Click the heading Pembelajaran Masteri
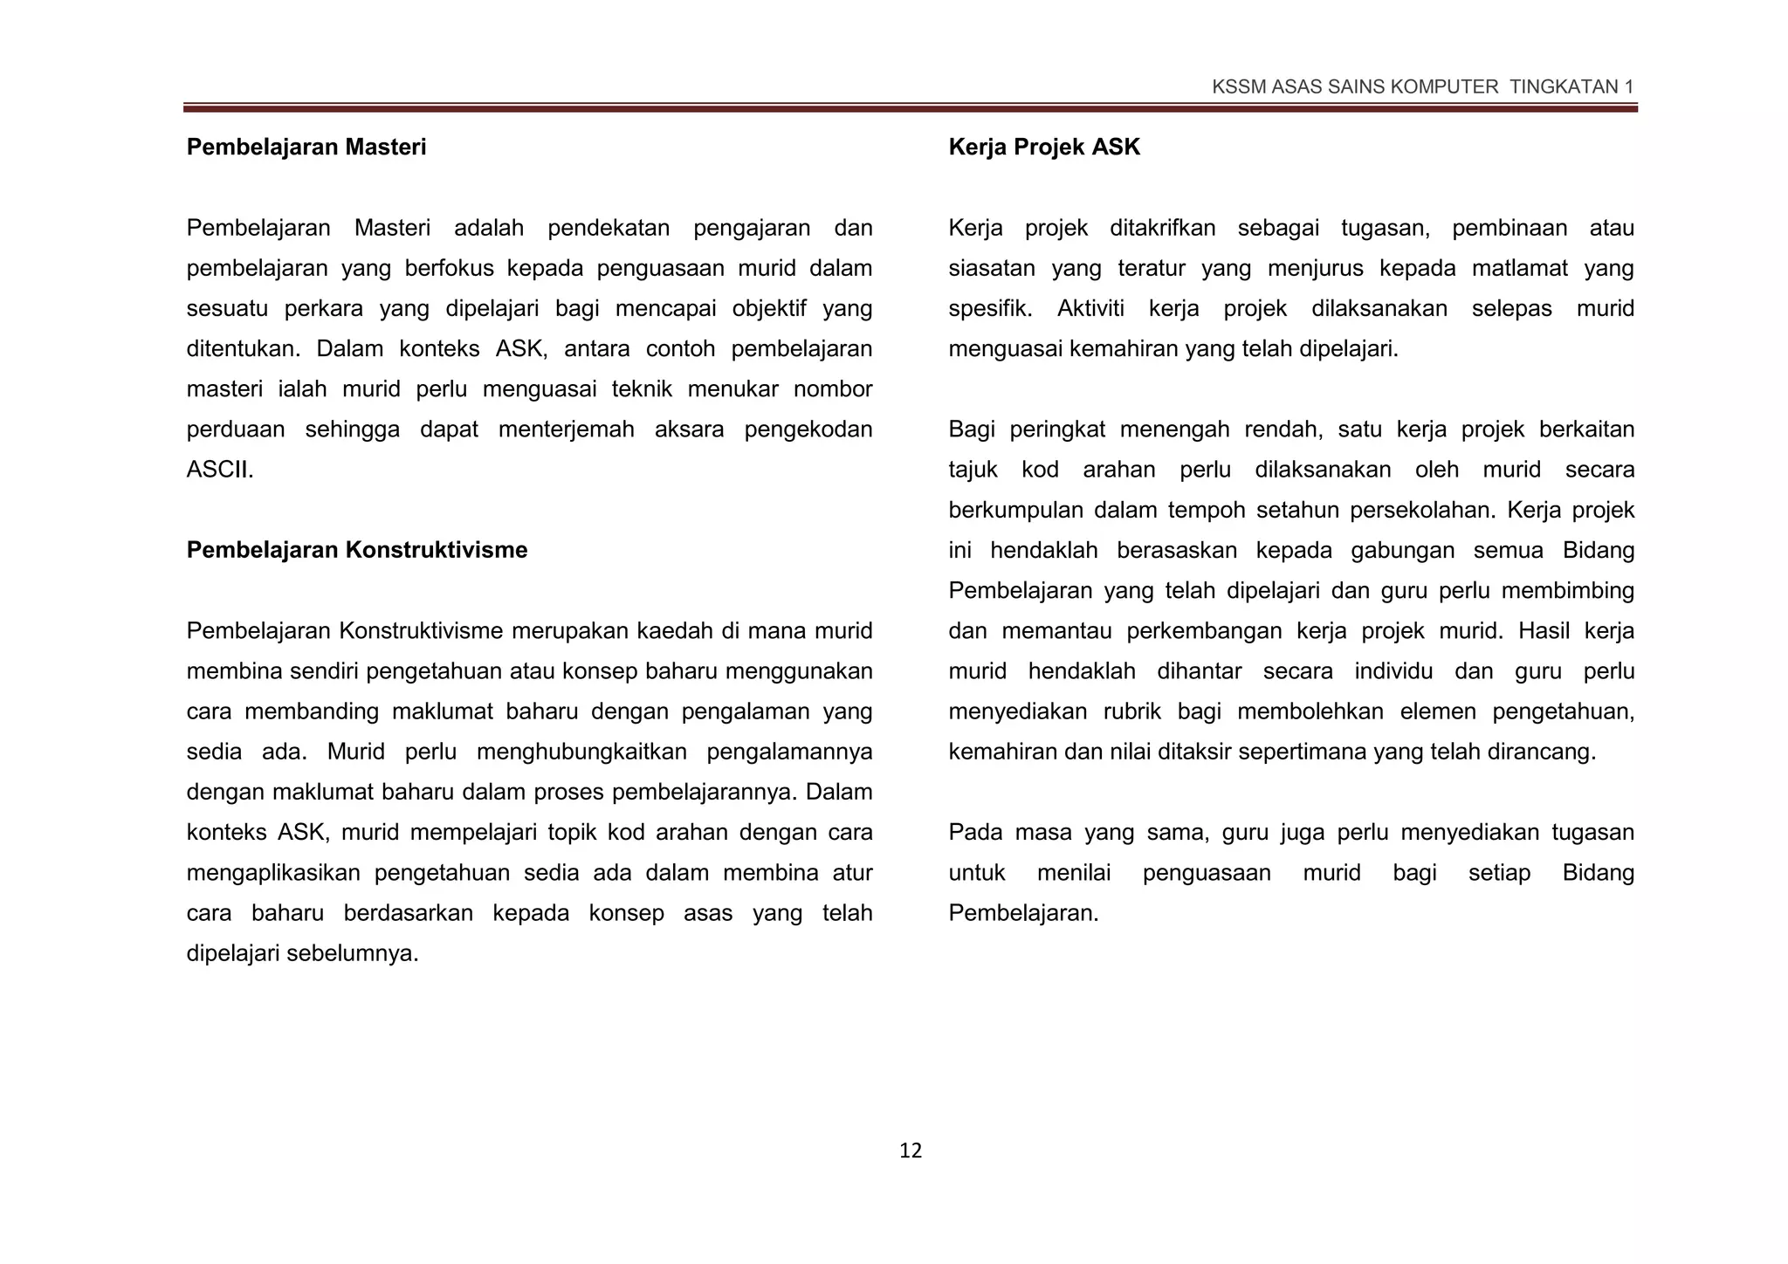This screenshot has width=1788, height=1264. (x=306, y=147)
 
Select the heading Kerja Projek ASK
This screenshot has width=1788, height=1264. (x=1044, y=147)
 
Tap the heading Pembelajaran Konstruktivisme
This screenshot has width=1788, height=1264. (x=357, y=550)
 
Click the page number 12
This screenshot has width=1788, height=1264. (x=910, y=1151)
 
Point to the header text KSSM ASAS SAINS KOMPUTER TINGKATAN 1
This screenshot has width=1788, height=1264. (x=1422, y=86)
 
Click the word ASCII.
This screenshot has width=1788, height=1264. (x=219, y=470)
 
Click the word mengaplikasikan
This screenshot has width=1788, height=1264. (x=274, y=873)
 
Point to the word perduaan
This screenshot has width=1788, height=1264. (x=236, y=429)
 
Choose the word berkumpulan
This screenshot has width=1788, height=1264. (x=1015, y=510)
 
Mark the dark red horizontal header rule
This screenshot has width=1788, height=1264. (x=910, y=108)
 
